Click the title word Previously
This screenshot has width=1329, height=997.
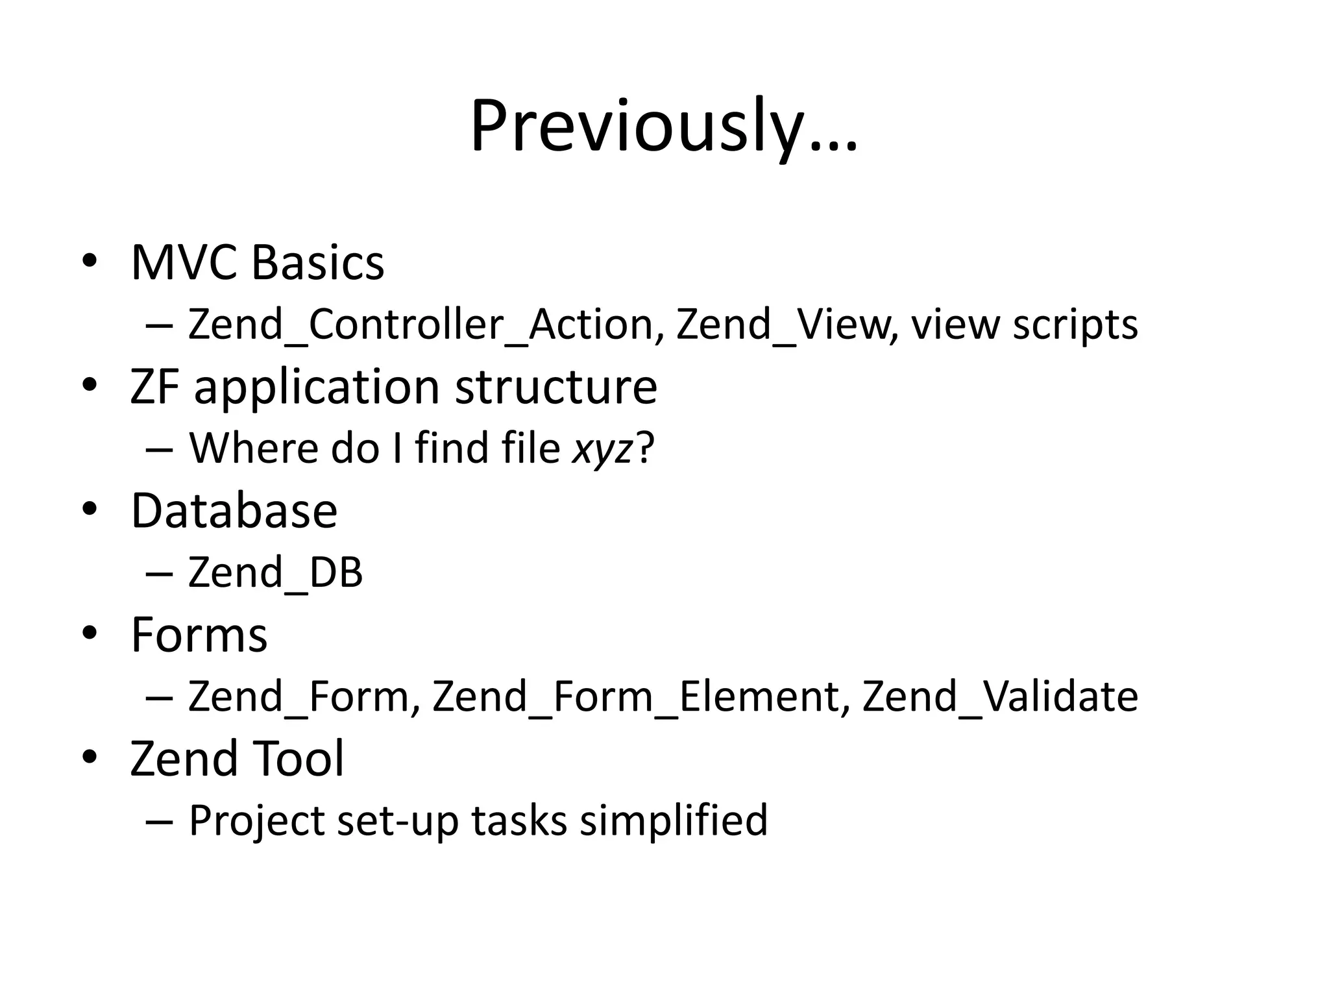pyautogui.click(x=663, y=127)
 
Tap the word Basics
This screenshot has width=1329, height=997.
pyautogui.click(x=318, y=263)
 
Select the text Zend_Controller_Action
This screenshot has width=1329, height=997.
pyautogui.click(x=421, y=324)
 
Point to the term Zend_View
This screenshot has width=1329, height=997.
pyautogui.click(x=783, y=324)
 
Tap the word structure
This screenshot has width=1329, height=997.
pyautogui.click(x=556, y=387)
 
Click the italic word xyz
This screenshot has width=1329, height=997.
pyautogui.click(x=602, y=449)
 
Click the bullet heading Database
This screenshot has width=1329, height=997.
pyautogui.click(x=234, y=511)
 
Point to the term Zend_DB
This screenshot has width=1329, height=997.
pyautogui.click(x=275, y=572)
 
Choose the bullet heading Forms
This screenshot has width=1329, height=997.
pyautogui.click(x=199, y=635)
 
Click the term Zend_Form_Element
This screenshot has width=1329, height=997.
pyautogui.click(x=636, y=696)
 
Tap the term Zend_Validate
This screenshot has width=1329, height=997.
pyautogui.click(x=1000, y=696)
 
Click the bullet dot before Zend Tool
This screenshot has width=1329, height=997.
pyautogui.click(x=90, y=757)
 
